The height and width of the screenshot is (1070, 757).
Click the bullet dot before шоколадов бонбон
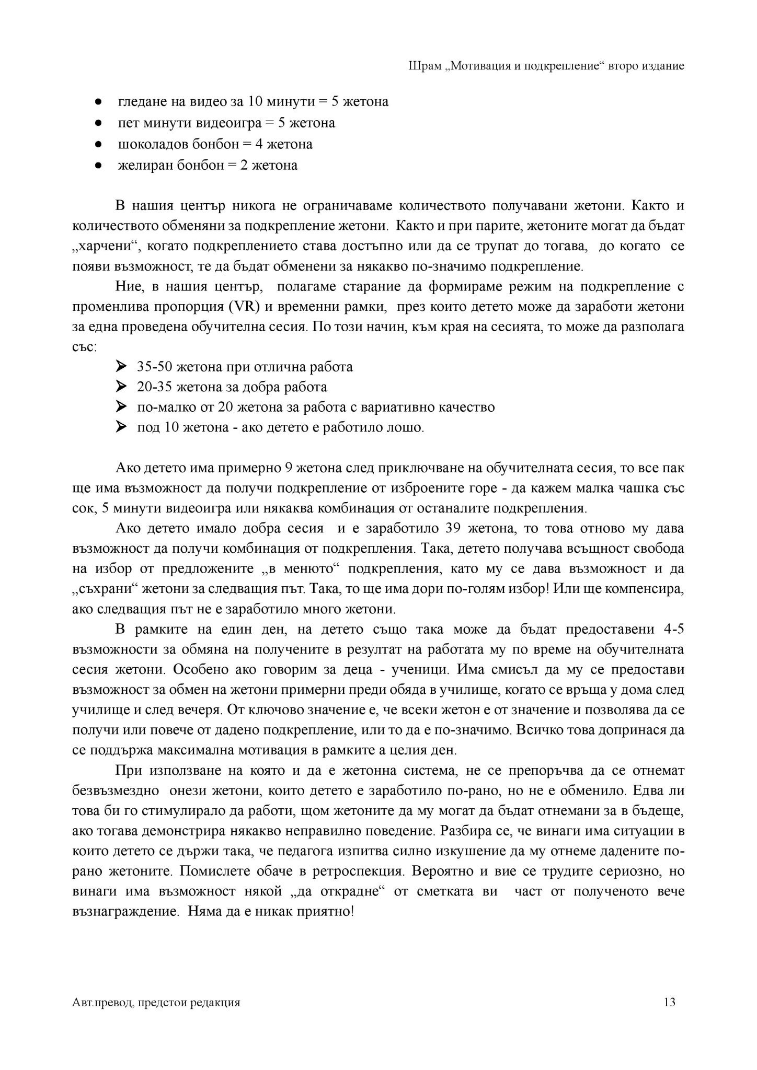tap(98, 144)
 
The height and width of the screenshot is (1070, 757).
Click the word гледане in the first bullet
tap(141, 101)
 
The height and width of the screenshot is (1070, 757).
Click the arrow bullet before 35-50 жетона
tap(121, 367)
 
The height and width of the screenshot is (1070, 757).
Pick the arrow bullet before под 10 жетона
tap(121, 427)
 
